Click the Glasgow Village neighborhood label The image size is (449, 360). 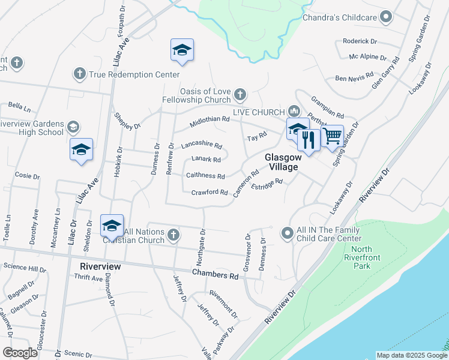tap(282, 162)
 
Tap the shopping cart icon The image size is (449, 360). tap(332, 136)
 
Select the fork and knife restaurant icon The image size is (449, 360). tap(309, 140)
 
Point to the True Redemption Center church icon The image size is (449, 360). tap(79, 74)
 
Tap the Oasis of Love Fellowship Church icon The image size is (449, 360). tap(240, 94)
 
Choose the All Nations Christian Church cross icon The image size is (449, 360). tap(173, 234)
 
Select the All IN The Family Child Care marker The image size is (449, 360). tap(288, 232)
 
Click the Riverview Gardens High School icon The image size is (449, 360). tap(73, 127)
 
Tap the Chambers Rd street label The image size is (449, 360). tap(215, 275)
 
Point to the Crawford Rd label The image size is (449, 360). tap(209, 193)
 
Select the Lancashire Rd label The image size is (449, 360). tap(202, 145)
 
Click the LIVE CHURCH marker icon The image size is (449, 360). tap(294, 112)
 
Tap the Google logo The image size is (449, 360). tap(20, 353)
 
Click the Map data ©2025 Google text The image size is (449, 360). tap(411, 355)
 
